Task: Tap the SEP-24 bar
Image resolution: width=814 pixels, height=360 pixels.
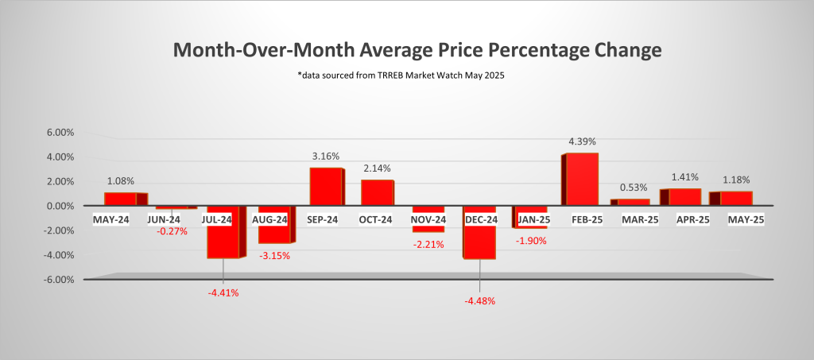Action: pyautogui.click(x=325, y=186)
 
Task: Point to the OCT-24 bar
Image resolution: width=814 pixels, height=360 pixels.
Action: pyautogui.click(x=377, y=192)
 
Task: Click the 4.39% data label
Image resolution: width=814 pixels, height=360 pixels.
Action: pyautogui.click(x=582, y=141)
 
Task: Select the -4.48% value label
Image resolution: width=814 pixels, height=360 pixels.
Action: pyautogui.click(x=479, y=300)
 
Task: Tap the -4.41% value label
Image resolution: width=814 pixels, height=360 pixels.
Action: pyautogui.click(x=223, y=292)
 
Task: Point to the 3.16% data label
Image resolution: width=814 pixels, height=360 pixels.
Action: pyautogui.click(x=325, y=157)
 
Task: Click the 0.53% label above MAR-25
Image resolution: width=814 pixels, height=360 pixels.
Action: pyautogui.click(x=633, y=188)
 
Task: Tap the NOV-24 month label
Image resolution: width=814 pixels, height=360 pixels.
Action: pyautogui.click(x=428, y=219)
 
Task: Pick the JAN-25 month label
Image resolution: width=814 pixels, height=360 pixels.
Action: pyautogui.click(x=531, y=219)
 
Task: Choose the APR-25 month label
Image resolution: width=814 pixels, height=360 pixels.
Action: pyautogui.click(x=685, y=219)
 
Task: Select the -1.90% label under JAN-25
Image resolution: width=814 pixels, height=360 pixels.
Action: pyautogui.click(x=531, y=241)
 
